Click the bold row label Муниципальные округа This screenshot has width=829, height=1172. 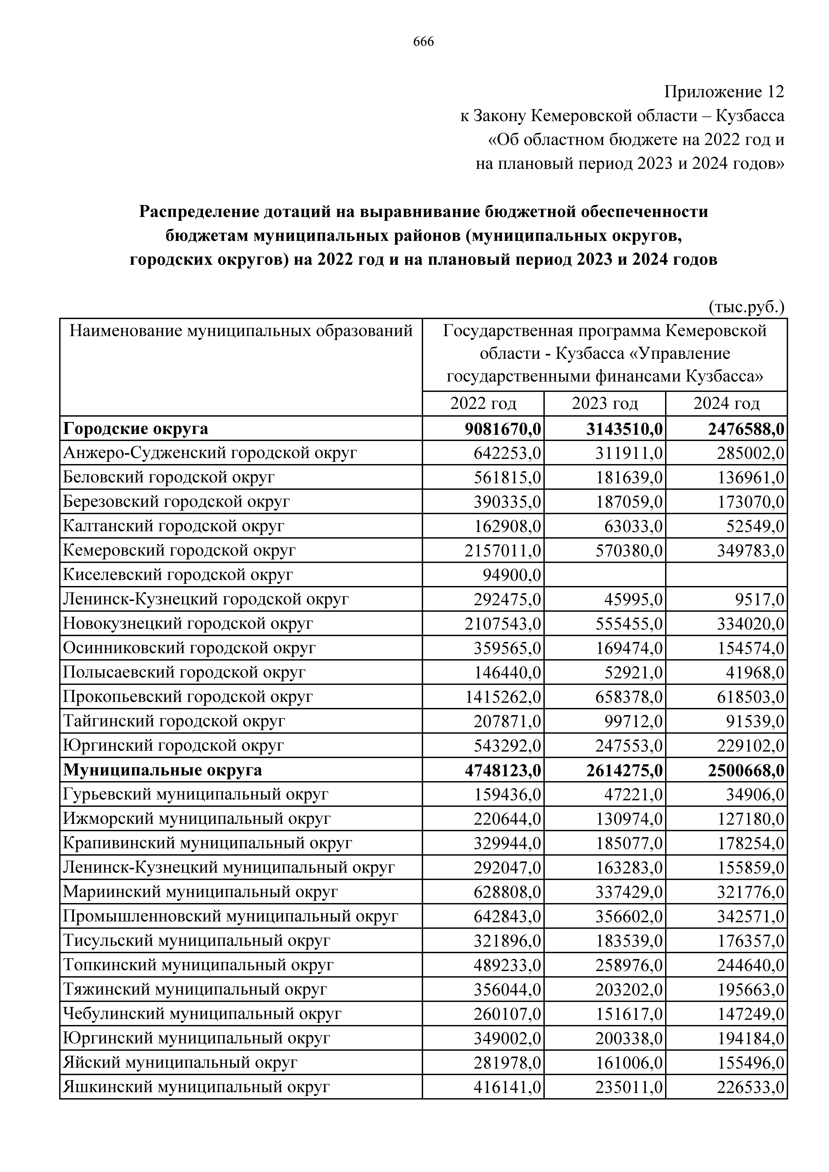(x=162, y=770)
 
